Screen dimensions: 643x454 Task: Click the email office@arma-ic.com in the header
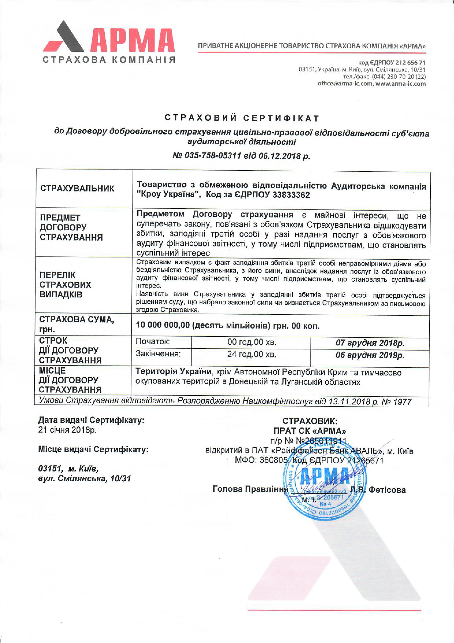point(345,84)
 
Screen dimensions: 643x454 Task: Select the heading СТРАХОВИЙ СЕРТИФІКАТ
point(242,118)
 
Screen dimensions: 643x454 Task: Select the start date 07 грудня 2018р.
point(370,343)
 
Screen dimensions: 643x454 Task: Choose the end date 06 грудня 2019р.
point(370,355)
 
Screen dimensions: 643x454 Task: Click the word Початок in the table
point(153,342)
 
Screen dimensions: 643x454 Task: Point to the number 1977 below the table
point(402,402)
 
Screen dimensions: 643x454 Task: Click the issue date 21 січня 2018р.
point(67,430)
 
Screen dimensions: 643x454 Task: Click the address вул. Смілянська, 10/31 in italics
point(84,479)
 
